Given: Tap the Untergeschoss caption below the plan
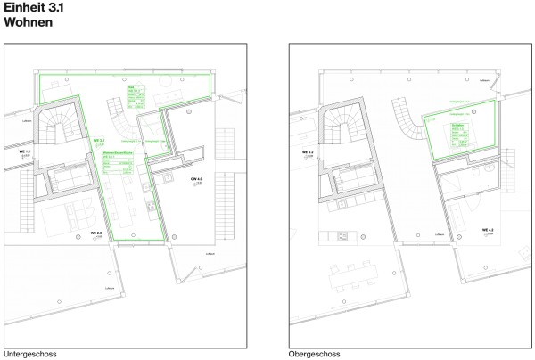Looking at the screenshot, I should [x=31, y=354].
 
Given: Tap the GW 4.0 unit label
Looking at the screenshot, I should [x=197, y=181].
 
